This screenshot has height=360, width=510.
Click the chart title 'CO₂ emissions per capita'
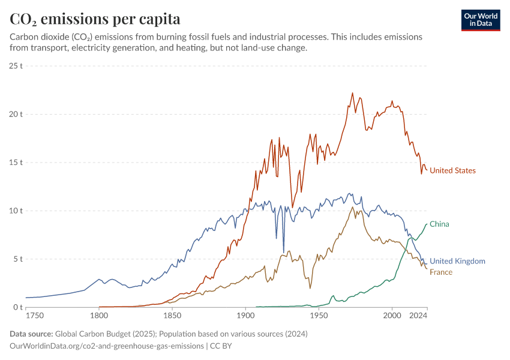click(x=95, y=19)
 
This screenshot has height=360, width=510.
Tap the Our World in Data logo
click(x=480, y=20)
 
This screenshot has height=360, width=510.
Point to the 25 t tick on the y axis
click(x=16, y=65)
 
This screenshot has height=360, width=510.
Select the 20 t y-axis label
click(x=16, y=114)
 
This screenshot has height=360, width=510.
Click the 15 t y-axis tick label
click(x=16, y=162)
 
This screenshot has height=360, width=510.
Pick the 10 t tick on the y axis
click(x=16, y=211)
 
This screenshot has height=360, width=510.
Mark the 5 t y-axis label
click(x=17, y=259)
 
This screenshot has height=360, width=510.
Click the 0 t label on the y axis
click(x=17, y=307)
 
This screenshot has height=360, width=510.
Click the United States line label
click(x=452, y=170)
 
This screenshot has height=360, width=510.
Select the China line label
click(x=439, y=224)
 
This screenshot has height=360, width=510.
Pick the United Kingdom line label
click(x=457, y=261)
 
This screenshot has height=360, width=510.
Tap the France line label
click(x=441, y=272)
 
